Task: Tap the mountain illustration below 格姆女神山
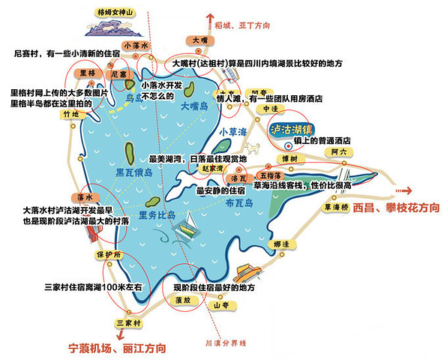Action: coord(120,30)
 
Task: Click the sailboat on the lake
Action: coord(191,226)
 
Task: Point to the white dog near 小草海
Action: coord(253,148)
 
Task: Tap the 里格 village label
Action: coord(87,73)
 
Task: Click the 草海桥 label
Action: coord(337,206)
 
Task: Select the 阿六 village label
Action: coord(340,152)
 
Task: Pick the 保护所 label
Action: coord(107,254)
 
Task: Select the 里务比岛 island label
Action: coord(157,214)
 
